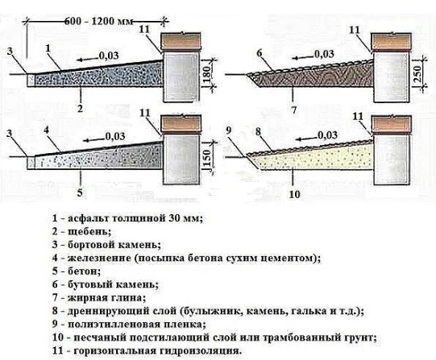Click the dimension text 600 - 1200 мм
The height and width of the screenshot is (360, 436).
[x=98, y=21]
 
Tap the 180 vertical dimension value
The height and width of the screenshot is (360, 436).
[x=208, y=73]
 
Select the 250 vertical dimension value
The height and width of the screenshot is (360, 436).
[x=417, y=73]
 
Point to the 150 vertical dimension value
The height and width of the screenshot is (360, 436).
[x=208, y=157]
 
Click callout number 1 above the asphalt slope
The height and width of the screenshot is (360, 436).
[x=48, y=48]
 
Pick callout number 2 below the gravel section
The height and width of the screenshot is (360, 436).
[x=80, y=109]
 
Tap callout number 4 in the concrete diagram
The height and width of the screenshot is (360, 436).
[x=47, y=130]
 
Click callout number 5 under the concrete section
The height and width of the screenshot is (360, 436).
[x=80, y=192]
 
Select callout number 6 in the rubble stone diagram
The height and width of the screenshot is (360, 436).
[x=260, y=53]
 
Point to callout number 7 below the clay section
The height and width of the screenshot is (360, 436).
[x=294, y=110]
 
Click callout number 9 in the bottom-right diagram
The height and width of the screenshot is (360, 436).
[x=229, y=130]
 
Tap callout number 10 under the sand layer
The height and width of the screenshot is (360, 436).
[x=294, y=194]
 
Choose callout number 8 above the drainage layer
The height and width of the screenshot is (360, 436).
[x=259, y=131]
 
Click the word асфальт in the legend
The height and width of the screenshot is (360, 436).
[x=89, y=218]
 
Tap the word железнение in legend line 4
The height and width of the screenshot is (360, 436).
[x=100, y=258]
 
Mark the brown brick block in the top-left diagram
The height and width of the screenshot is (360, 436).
[x=181, y=42]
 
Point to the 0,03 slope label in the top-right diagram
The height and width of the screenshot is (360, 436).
[x=324, y=55]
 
